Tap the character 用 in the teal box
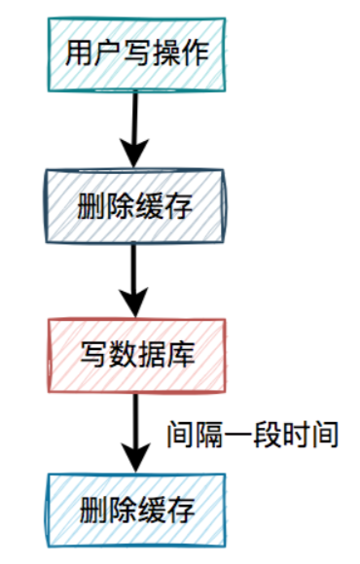click(x=78, y=53)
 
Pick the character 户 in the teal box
click(x=106, y=53)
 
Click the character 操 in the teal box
click(x=164, y=53)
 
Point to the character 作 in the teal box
click(x=194, y=53)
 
